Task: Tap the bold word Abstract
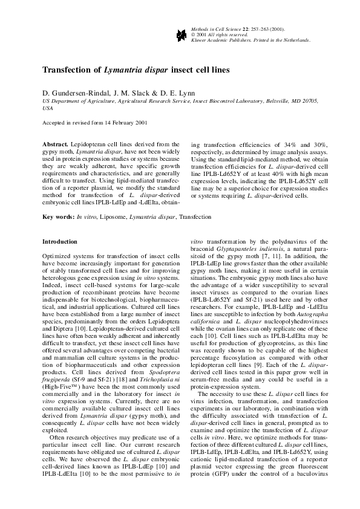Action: click(55, 144)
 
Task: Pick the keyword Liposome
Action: click(113, 216)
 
